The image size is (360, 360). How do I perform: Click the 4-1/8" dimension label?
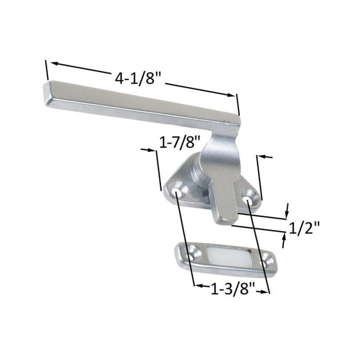click(137, 78)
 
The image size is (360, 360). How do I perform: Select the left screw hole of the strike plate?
click(189, 256)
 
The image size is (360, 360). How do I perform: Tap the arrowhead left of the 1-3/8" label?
click(197, 286)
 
